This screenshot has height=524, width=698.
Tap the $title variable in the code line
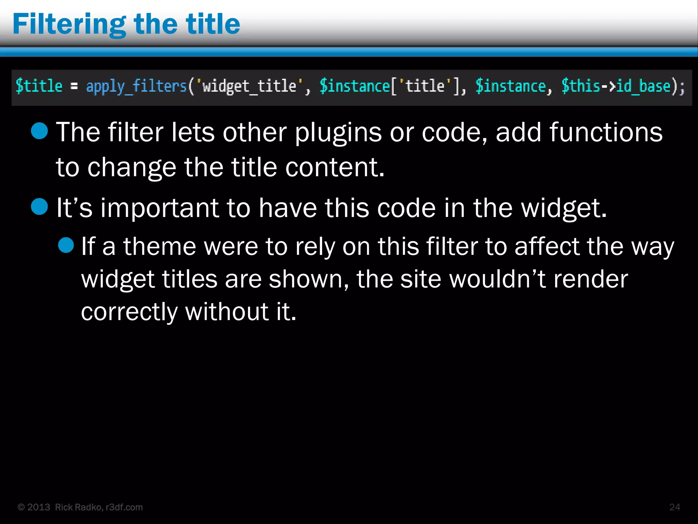click(39, 86)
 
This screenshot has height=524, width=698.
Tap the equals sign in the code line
click(74, 87)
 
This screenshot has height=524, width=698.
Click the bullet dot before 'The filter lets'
click(40, 131)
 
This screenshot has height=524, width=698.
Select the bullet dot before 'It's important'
click(40, 207)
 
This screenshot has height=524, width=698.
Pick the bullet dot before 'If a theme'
click(66, 245)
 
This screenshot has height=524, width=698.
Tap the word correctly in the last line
click(129, 312)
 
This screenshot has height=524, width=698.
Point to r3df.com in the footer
click(124, 507)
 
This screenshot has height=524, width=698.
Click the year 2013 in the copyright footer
click(39, 507)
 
